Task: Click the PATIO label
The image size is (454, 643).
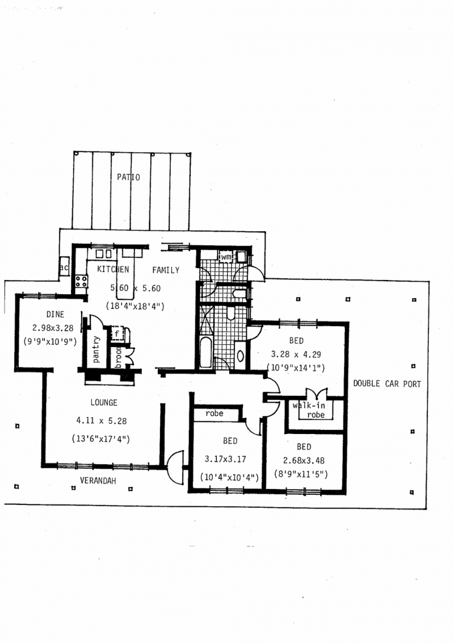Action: pos(128,177)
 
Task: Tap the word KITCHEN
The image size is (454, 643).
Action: pos(113,269)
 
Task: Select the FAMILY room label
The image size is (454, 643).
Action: pos(166,270)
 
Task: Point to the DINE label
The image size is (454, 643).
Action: pos(55,315)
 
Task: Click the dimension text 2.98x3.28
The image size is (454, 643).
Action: pos(53,328)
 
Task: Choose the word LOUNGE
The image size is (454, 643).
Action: pos(104,403)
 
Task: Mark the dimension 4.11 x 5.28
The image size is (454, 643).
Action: pos(101,421)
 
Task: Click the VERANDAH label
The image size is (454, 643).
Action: pos(98,481)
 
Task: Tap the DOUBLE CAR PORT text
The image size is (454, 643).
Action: pos(387,384)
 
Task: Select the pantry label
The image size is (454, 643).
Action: pos(96,349)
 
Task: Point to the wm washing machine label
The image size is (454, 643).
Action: pos(226,257)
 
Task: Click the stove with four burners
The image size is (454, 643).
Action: pos(81,281)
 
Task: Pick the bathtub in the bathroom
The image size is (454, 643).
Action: pos(206,353)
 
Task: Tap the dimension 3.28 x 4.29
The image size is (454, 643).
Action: pos(296,354)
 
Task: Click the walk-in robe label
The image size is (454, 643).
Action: pos(310,410)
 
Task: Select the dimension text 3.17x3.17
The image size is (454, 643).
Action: pos(225,459)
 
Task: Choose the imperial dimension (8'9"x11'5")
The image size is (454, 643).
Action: pos(301,474)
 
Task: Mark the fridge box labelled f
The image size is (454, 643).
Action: pos(117,334)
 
